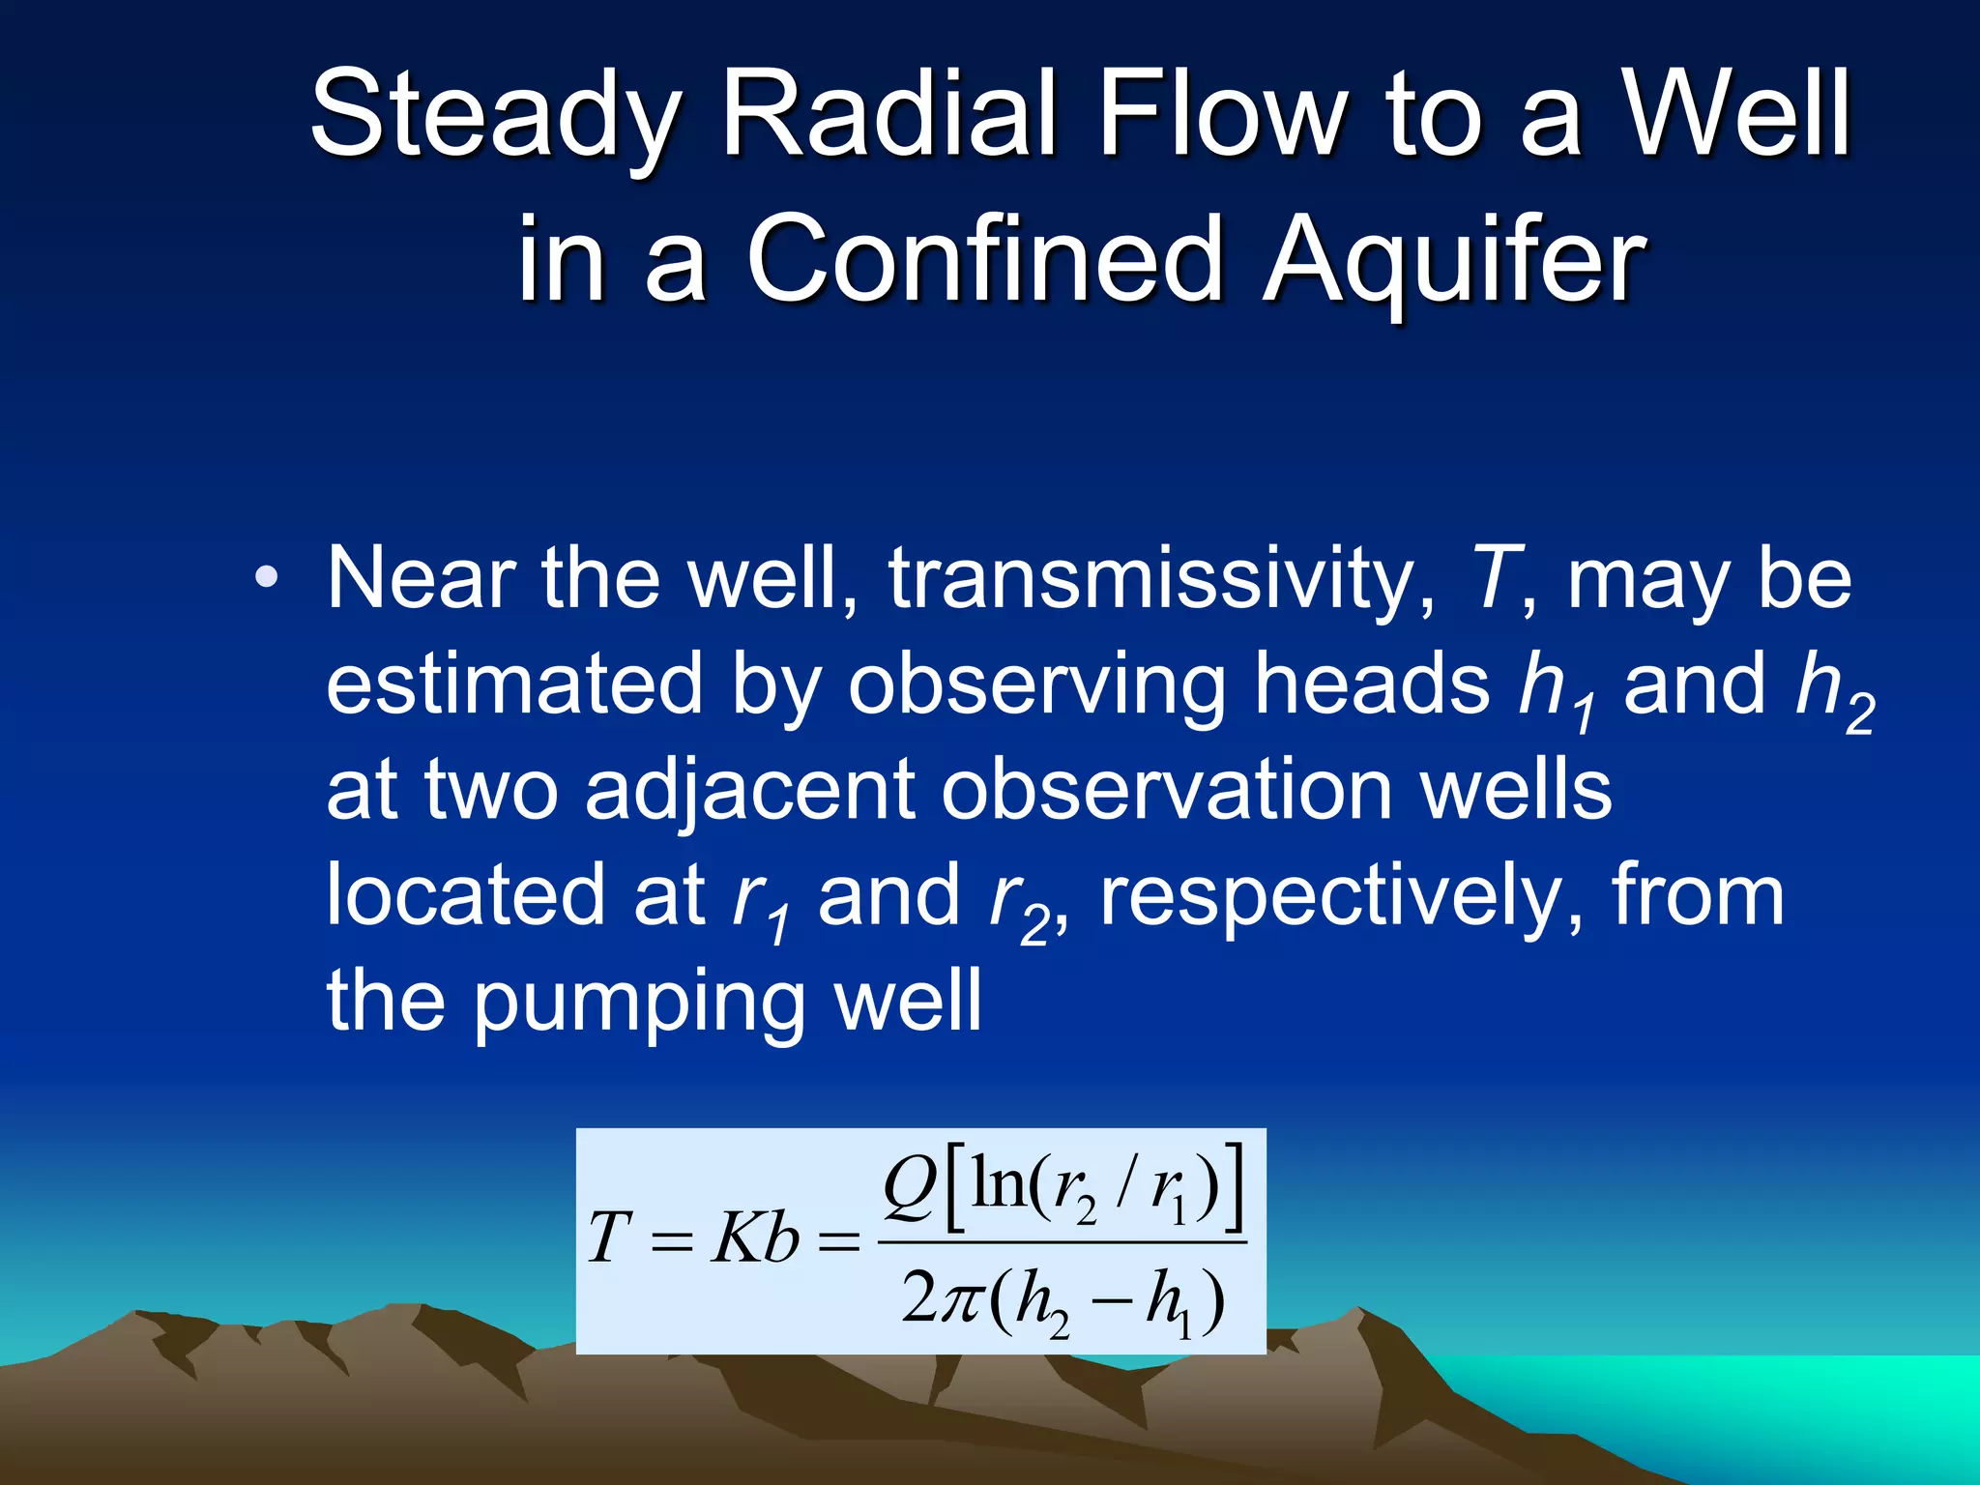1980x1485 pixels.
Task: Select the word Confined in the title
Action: pos(986,258)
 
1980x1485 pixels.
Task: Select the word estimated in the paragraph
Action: pos(513,684)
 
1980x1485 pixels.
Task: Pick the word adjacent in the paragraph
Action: pos(749,790)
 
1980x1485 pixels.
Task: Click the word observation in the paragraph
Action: pos(1166,790)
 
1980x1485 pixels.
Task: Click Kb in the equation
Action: pos(755,1238)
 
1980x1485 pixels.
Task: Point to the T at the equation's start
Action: pos(609,1238)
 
